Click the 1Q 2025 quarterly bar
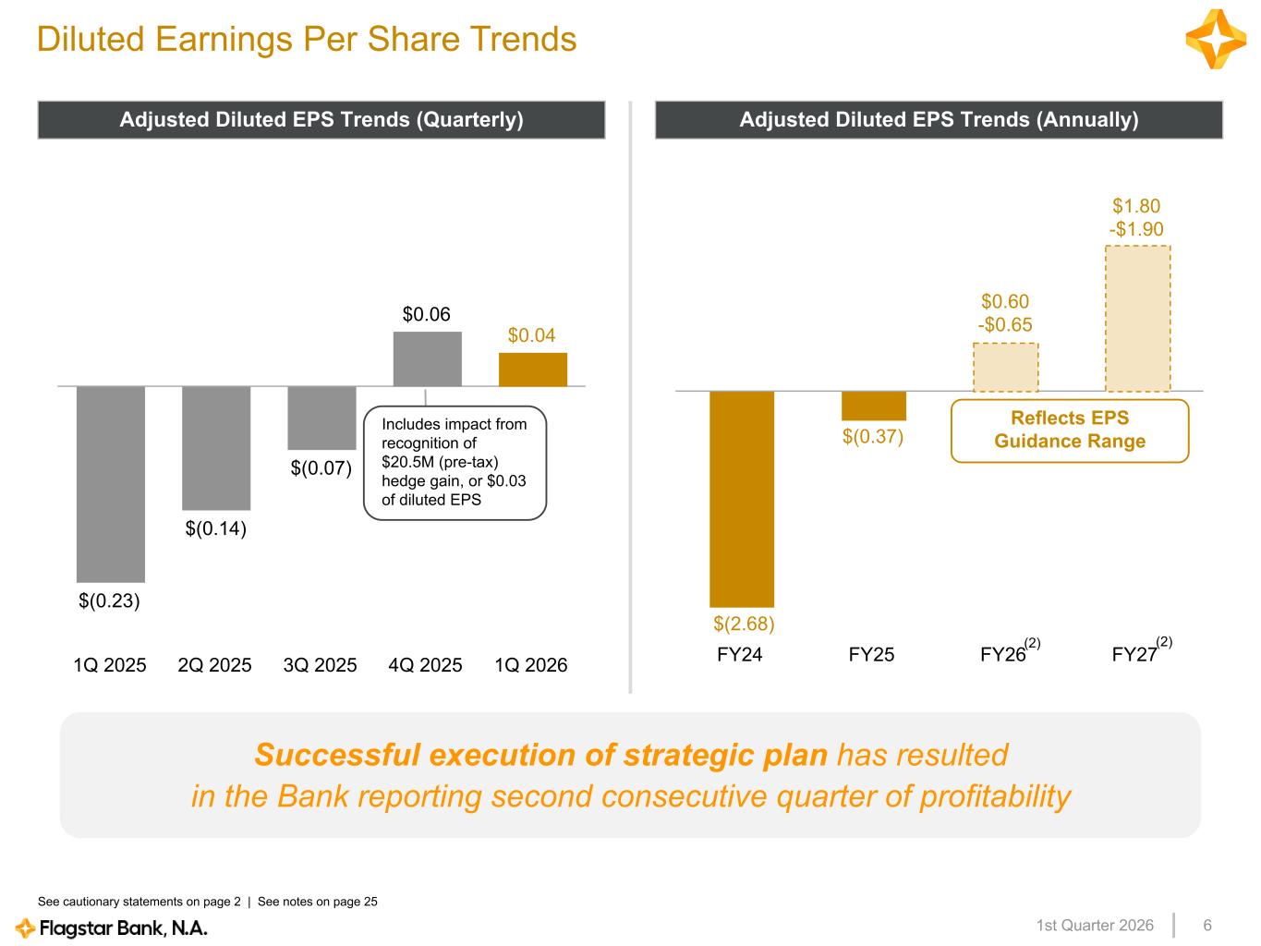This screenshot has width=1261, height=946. point(111,484)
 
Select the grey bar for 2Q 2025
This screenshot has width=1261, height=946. point(216,448)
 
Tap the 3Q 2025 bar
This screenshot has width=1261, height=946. point(321,418)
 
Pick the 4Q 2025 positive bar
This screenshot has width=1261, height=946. point(427,359)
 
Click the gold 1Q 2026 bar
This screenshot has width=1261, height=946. point(533,370)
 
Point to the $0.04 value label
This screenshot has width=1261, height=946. point(532,335)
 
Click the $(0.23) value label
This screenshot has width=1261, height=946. point(109,601)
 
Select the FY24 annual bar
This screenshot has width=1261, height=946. point(742,499)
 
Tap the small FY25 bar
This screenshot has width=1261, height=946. point(874,406)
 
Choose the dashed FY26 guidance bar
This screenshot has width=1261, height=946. point(1005,368)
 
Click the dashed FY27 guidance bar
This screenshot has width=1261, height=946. point(1137,319)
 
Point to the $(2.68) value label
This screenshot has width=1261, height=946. point(744,625)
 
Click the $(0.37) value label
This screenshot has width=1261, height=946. point(872,436)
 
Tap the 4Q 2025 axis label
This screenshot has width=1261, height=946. point(426,665)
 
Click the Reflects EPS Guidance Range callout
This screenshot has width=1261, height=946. point(1070,430)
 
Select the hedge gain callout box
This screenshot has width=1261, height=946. point(455,463)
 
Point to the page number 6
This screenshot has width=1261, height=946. point(1206,926)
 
